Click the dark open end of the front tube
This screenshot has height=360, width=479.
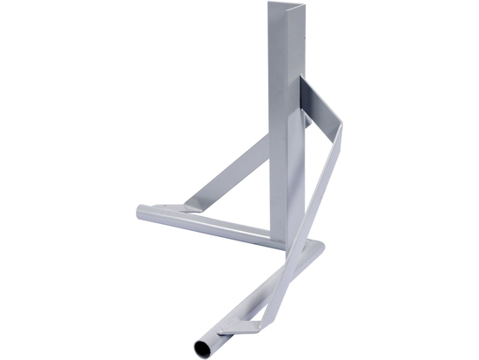[201, 347]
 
